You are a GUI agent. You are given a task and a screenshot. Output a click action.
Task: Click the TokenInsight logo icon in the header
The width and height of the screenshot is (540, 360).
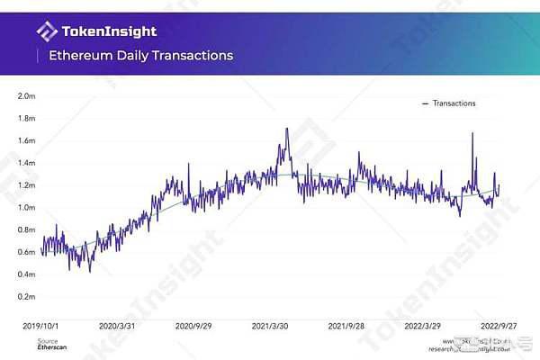(x=47, y=32)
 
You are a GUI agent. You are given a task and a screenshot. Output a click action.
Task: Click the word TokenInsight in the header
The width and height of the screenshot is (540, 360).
(x=109, y=32)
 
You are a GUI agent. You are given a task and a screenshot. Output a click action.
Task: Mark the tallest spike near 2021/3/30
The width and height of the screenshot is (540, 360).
(x=287, y=129)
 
